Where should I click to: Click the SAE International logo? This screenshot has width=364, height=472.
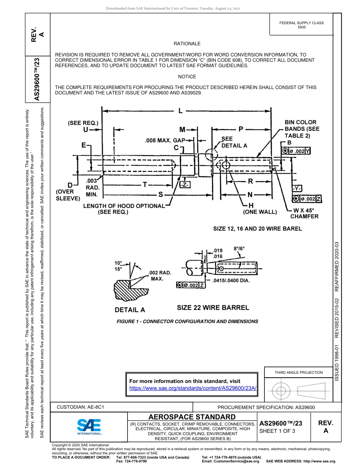point(89,426)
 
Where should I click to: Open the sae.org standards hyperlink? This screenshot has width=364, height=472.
point(193,388)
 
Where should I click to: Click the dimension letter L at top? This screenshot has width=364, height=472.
point(180,111)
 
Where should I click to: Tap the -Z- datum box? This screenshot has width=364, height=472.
point(185,185)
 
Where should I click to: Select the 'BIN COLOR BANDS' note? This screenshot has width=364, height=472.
point(302,129)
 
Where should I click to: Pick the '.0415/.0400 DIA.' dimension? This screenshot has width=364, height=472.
point(231,281)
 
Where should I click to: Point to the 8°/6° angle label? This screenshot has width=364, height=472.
point(239,248)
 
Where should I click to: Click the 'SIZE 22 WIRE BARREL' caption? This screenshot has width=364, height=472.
point(213,307)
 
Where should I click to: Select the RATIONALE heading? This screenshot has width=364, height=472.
point(187,44)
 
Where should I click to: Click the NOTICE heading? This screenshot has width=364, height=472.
point(187,77)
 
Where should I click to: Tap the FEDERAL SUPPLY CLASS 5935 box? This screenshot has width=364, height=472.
point(301,25)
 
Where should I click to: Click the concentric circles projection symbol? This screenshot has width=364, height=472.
point(281,391)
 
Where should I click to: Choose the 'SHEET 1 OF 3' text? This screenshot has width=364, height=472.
point(278,431)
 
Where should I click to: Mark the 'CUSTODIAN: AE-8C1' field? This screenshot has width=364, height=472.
point(80,407)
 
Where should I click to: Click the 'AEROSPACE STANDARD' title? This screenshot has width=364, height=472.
point(192,417)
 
